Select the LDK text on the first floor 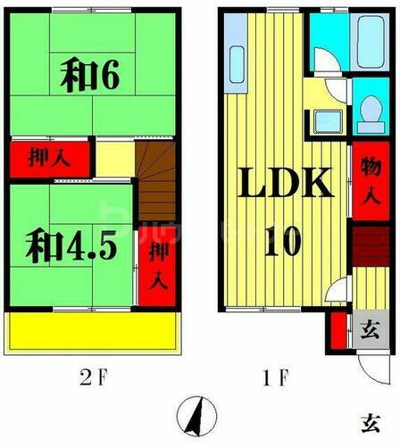point(285,185)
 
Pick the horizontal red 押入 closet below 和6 point(51,159)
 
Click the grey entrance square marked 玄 point(368,328)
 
